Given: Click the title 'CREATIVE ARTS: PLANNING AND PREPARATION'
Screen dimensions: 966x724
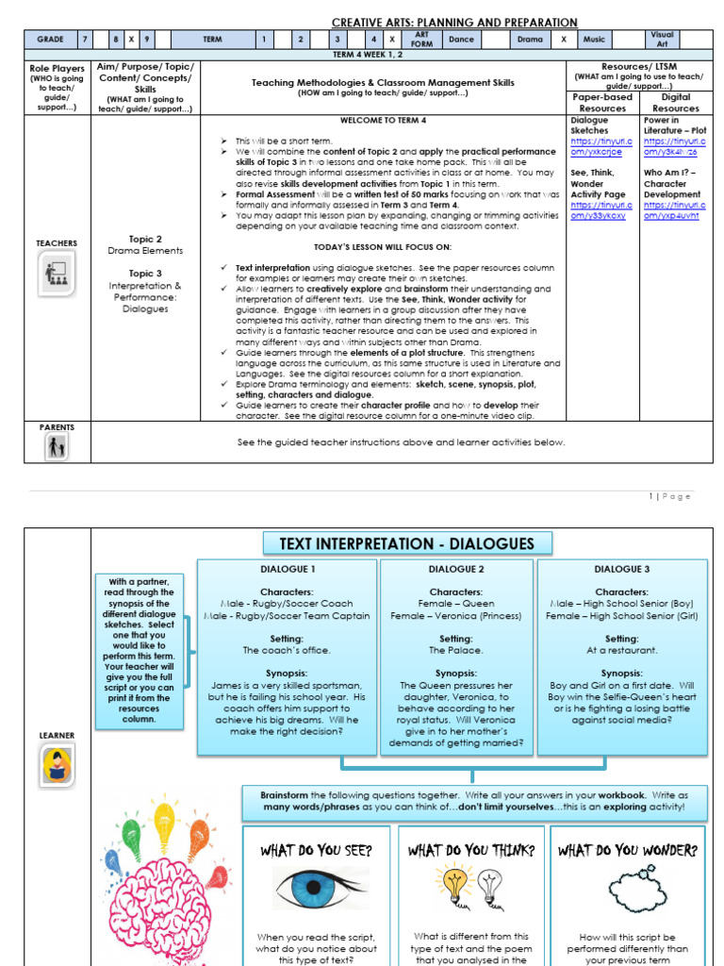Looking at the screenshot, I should coord(454,22).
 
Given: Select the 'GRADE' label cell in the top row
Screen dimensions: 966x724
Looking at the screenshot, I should coord(50,40).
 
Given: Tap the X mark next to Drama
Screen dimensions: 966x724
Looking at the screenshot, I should coord(563,40).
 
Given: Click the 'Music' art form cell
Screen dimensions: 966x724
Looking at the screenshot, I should coord(594,40).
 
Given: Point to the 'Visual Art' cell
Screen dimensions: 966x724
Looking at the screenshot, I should coord(663,40).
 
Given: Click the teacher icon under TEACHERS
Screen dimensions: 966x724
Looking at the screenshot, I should coord(58,274).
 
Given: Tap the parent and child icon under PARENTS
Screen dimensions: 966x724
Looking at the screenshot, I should coord(57,447).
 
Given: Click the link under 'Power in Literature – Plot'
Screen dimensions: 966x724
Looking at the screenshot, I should coord(674,147).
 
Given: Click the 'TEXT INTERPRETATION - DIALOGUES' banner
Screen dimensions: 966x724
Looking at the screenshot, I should coord(406,543).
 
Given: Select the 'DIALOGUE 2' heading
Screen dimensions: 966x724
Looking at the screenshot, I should coord(456,570).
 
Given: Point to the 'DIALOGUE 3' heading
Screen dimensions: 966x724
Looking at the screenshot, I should coord(621,570).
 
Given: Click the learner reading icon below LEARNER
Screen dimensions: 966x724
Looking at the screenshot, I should coord(57,766).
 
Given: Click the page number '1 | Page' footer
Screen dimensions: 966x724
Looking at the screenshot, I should coord(669,496).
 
